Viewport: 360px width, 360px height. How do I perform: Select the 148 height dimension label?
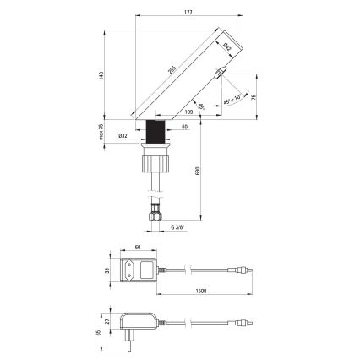pyautogui.click(x=98, y=74)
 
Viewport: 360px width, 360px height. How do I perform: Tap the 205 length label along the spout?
pyautogui.click(x=174, y=73)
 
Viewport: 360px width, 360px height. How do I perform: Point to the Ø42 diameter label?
pyautogui.click(x=227, y=49)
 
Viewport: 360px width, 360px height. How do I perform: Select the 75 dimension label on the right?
pyautogui.click(x=254, y=95)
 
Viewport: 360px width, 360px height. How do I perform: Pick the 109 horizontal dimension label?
pyautogui.click(x=187, y=111)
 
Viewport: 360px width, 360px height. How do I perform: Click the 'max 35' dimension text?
pyautogui.click(x=98, y=132)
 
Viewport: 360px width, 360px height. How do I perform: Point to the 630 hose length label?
pyautogui.click(x=197, y=171)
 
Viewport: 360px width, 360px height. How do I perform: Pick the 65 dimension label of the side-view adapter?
pyautogui.click(x=98, y=333)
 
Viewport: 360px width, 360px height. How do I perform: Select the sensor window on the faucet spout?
pyautogui.click(x=219, y=75)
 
